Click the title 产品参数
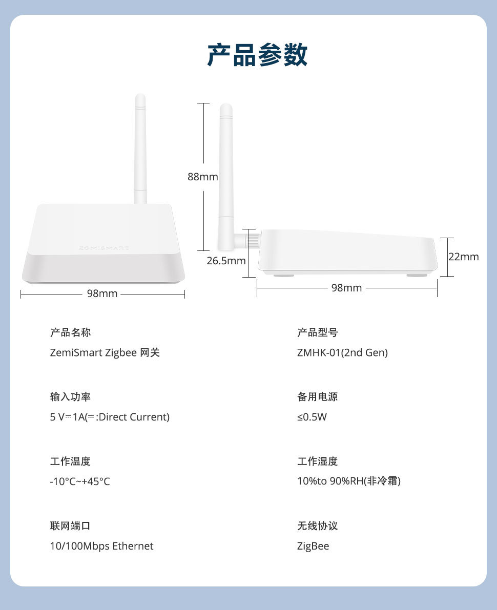coord(257,55)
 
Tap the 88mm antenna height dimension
coord(202,177)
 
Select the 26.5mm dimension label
coord(226,261)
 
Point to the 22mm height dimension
coord(464,257)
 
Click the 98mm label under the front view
coord(102,293)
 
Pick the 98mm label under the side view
coord(346,288)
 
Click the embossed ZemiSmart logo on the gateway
coord(103,248)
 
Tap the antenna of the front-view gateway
coord(140,149)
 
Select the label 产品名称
coord(70,332)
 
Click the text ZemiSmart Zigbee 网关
coord(105,352)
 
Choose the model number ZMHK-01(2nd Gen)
coord(342,352)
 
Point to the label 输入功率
coord(70,396)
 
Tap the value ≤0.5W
coord(312,417)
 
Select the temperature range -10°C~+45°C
coord(80,481)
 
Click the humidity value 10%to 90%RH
coord(330,481)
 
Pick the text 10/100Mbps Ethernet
coord(101,546)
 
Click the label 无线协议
coord(318,525)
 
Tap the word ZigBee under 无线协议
coord(313,546)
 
